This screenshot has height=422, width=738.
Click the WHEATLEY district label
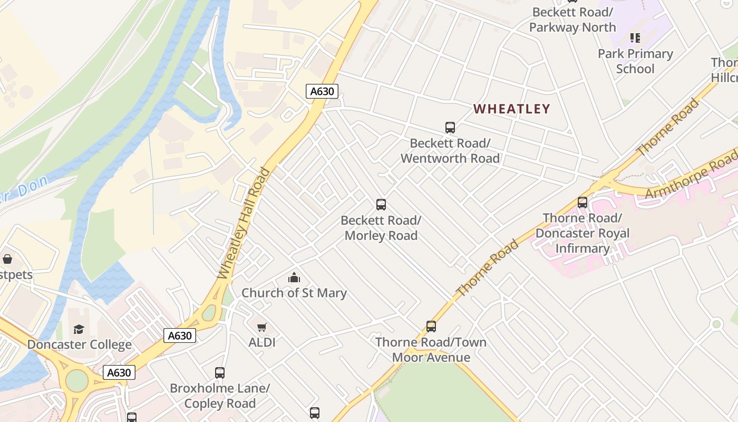[x=511, y=109]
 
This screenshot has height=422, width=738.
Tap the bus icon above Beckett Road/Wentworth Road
[x=450, y=127]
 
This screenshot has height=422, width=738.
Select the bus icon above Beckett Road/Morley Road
[x=381, y=205]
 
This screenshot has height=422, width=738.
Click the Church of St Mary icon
[x=294, y=277]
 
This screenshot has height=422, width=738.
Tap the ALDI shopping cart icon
[x=262, y=327]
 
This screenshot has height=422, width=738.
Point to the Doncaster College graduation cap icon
[x=79, y=330]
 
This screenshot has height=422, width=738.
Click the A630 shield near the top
[x=322, y=91]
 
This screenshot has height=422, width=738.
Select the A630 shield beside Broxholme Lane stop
[x=119, y=372]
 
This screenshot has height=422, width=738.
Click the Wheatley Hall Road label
[x=244, y=224]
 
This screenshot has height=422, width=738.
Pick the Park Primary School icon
[x=635, y=38]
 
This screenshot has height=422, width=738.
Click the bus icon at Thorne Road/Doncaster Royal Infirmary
[x=582, y=202]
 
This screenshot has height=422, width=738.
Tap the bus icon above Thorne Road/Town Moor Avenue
[x=431, y=327]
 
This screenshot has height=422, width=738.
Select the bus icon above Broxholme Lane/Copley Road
[x=220, y=373]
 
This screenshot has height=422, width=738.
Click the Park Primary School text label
[x=635, y=61]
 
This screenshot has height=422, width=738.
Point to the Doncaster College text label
[x=80, y=345]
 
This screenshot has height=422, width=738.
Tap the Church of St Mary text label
[x=294, y=293]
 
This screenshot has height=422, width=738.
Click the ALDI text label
[x=262, y=342]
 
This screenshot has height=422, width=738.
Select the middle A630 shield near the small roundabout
[x=179, y=335]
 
